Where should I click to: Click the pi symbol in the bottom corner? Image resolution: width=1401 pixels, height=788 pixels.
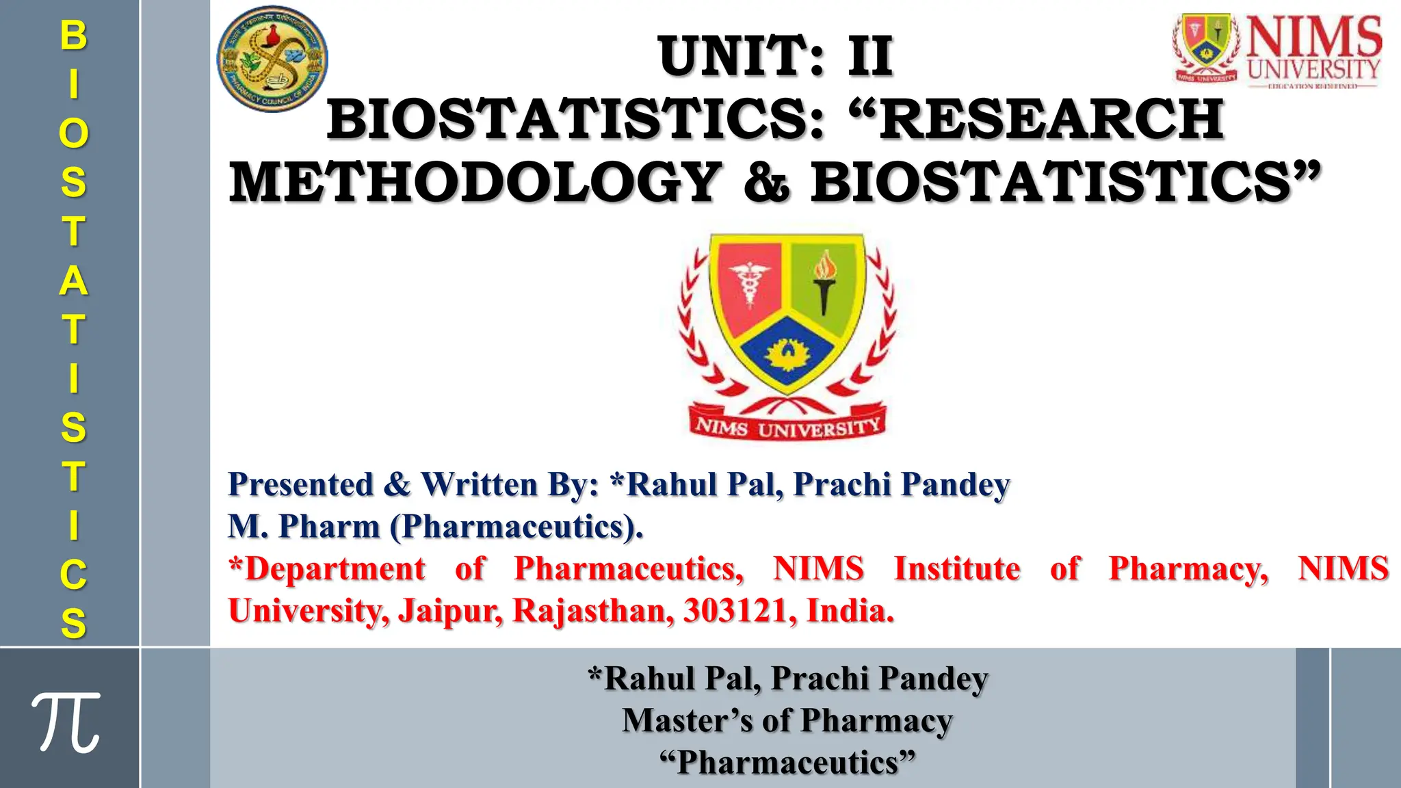pyautogui.click(x=66, y=722)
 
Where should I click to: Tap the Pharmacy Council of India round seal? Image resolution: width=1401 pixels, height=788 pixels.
pyautogui.click(x=272, y=59)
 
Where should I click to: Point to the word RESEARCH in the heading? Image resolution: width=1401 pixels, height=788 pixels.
pyautogui.click(x=1051, y=119)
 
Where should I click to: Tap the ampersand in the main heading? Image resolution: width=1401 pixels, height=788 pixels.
pyautogui.click(x=767, y=183)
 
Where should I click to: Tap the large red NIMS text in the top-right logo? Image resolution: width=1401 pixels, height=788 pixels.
pyautogui.click(x=1313, y=37)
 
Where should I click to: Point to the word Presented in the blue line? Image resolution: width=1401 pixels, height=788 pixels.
pyautogui.click(x=300, y=484)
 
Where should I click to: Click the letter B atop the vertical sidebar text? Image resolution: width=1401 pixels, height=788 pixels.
pyautogui.click(x=73, y=35)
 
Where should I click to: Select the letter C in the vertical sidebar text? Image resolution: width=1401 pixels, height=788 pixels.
pyautogui.click(x=73, y=575)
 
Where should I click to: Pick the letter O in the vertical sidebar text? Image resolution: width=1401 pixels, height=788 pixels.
pyautogui.click(x=73, y=133)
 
